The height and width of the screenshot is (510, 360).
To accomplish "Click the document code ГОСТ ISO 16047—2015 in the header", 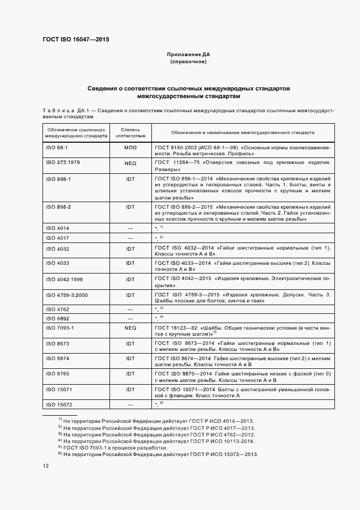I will pyautogui.click(x=76, y=39).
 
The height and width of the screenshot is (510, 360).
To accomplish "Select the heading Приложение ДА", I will pyautogui.click(x=188, y=55).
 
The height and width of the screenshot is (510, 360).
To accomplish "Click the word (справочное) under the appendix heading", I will pyautogui.click(x=188, y=63).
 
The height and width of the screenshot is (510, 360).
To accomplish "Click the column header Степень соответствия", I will pyautogui.click(x=130, y=132).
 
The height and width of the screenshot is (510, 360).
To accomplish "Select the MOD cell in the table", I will pyautogui.click(x=130, y=148).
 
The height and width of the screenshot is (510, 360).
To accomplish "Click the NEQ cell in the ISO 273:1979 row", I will pyautogui.click(x=130, y=162).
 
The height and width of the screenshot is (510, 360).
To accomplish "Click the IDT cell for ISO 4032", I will pyautogui.click(x=130, y=248).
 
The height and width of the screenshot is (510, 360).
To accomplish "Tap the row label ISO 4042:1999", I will pyautogui.click(x=64, y=279).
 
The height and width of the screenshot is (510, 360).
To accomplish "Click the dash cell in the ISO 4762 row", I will pyautogui.click(x=130, y=309).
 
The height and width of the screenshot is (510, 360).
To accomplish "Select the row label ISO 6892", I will pyautogui.click(x=57, y=318).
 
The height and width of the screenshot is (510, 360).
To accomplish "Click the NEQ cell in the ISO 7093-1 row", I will pyautogui.click(x=130, y=328).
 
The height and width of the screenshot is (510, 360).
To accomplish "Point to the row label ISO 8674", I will pyautogui.click(x=57, y=359).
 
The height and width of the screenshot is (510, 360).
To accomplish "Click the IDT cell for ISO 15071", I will pyautogui.click(x=130, y=390).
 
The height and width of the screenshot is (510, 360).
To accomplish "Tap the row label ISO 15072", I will pyautogui.click(x=58, y=404).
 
